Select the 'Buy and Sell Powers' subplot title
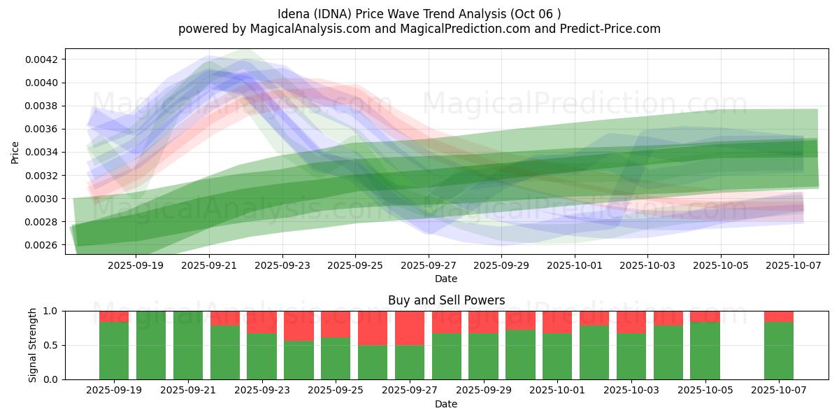[446, 300]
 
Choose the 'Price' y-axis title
[15, 152]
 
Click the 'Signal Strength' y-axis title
[32, 345]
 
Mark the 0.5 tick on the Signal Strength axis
[50, 345]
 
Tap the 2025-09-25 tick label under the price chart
[355, 266]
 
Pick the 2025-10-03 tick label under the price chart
[647, 266]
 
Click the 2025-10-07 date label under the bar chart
[779, 391]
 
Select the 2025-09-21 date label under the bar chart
[188, 391]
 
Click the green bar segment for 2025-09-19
[114, 350]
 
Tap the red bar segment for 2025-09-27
[410, 328]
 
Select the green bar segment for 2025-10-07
[779, 350]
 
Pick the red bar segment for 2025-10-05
[705, 316]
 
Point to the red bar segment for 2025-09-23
[261, 322]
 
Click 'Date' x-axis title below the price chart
[446, 279]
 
